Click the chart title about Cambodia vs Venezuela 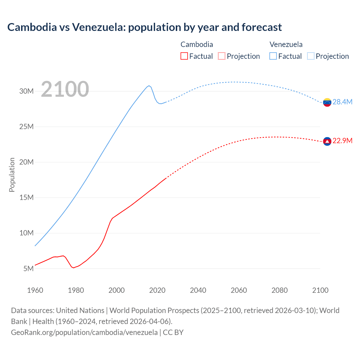click(x=145, y=27)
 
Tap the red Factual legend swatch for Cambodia click(x=184, y=56)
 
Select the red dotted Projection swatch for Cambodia click(x=222, y=56)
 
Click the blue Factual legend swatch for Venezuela click(x=273, y=56)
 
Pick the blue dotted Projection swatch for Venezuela click(x=311, y=56)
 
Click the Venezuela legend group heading click(x=286, y=44)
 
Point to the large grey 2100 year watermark click(x=65, y=89)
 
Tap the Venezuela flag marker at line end click(x=327, y=102)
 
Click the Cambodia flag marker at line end click(x=327, y=141)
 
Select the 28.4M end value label click(x=342, y=102)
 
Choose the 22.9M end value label click(x=342, y=141)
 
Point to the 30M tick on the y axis click(x=26, y=91)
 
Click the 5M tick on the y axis click(x=28, y=269)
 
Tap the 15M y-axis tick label click(x=26, y=197)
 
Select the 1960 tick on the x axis click(x=35, y=290)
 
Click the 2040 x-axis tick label click(x=198, y=290)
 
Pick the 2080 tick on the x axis click(x=280, y=290)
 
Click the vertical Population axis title click(x=12, y=175)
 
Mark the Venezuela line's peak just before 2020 click(x=149, y=85)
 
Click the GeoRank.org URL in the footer click(x=84, y=332)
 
